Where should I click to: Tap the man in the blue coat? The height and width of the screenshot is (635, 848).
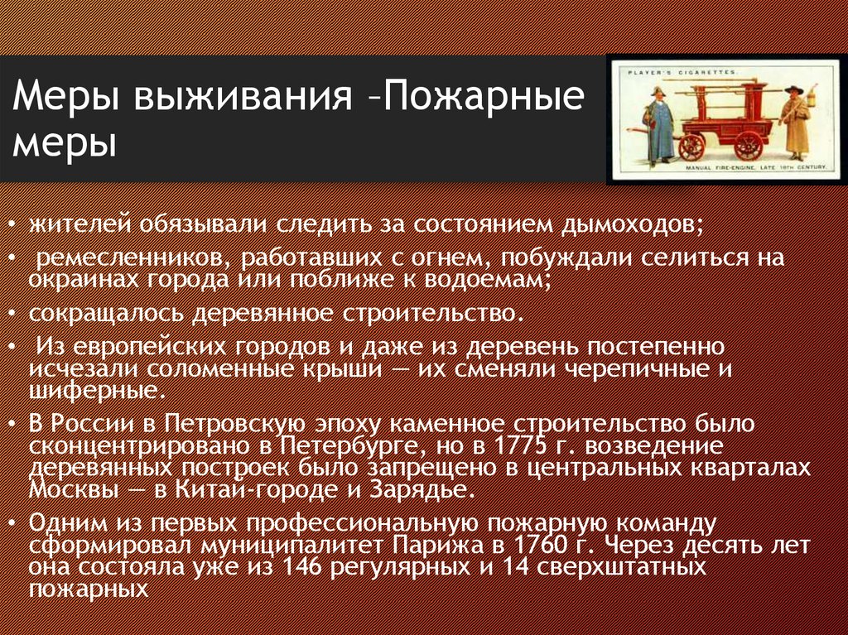point(660,124)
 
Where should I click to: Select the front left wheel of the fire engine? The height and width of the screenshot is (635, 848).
point(691,147)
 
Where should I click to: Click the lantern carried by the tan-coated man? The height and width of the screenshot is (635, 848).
point(812,98)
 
